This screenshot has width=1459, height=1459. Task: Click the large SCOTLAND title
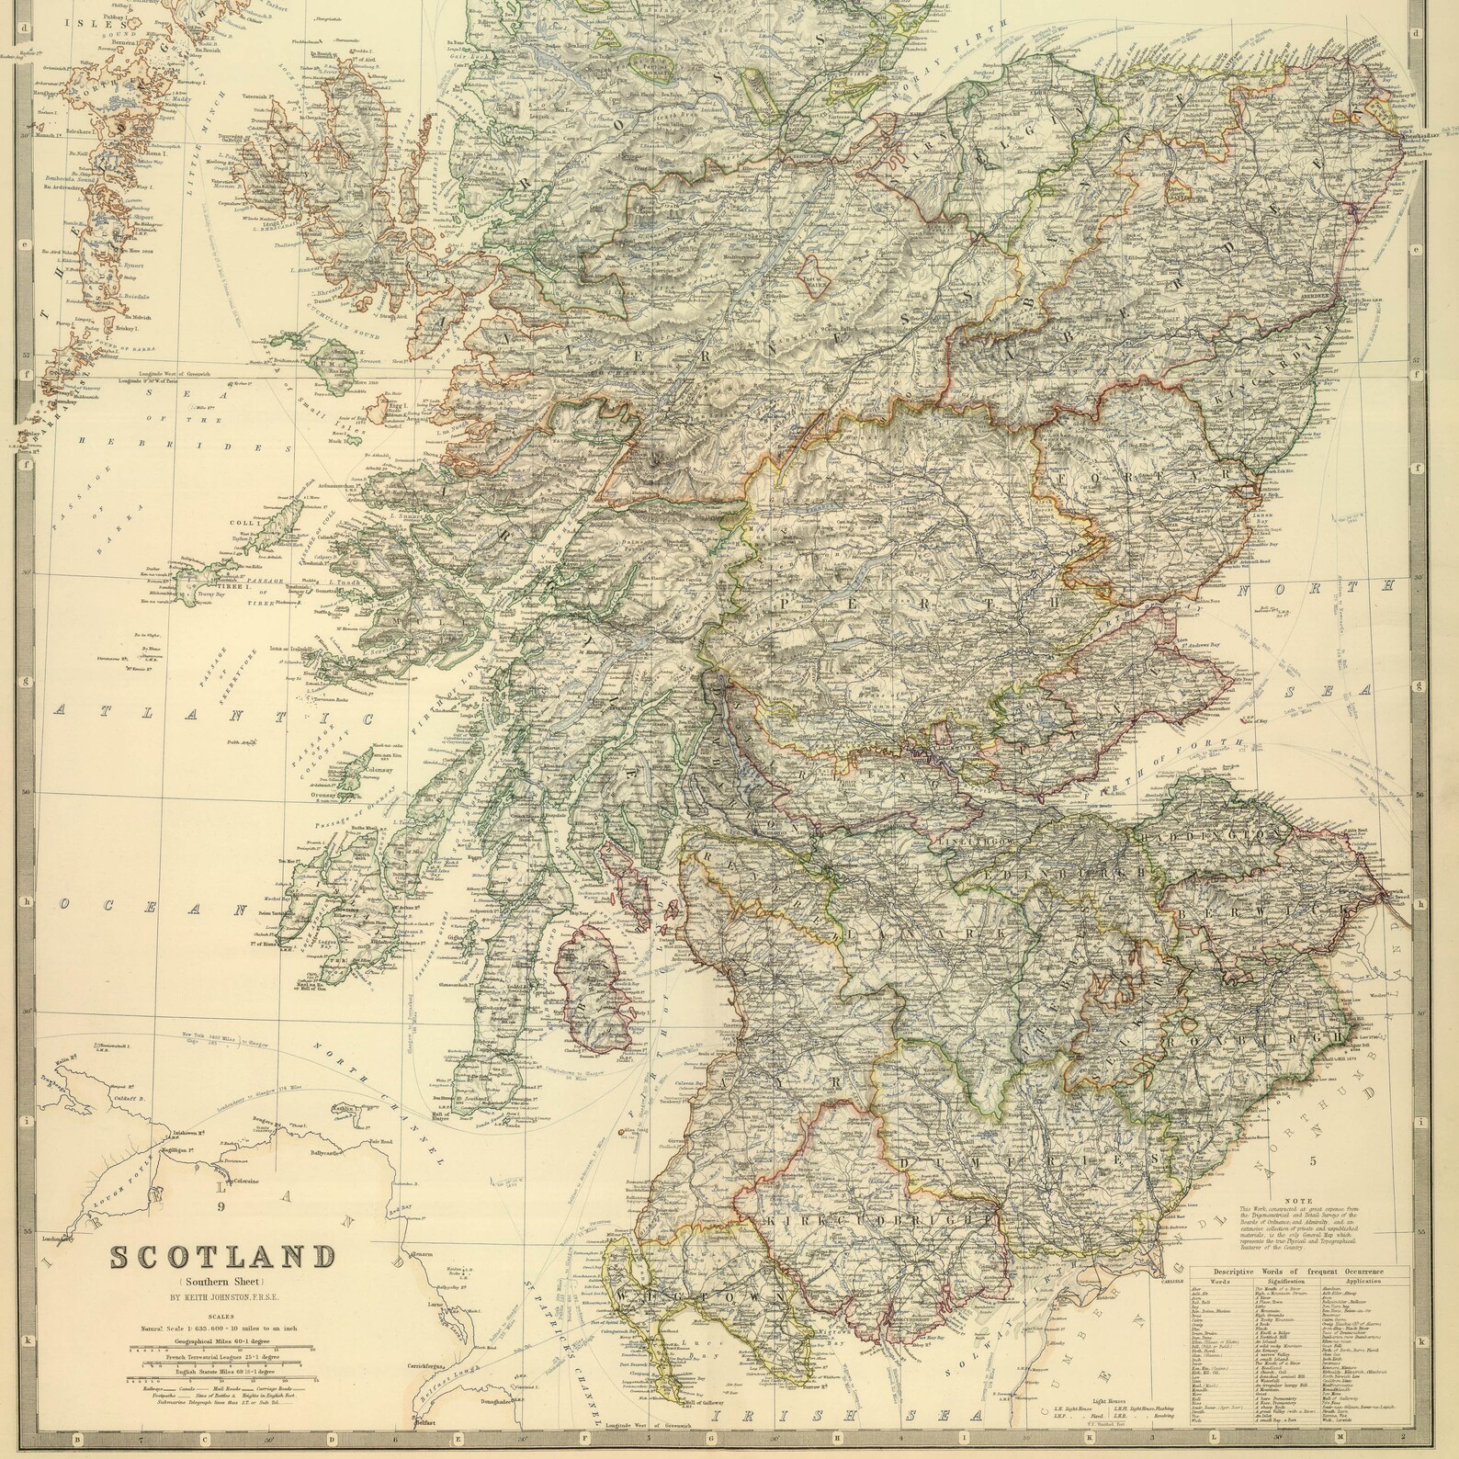pos(224,1255)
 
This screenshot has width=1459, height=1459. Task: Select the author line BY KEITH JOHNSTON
pos(223,1297)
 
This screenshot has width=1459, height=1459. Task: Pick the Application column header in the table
pos(1363,1279)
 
